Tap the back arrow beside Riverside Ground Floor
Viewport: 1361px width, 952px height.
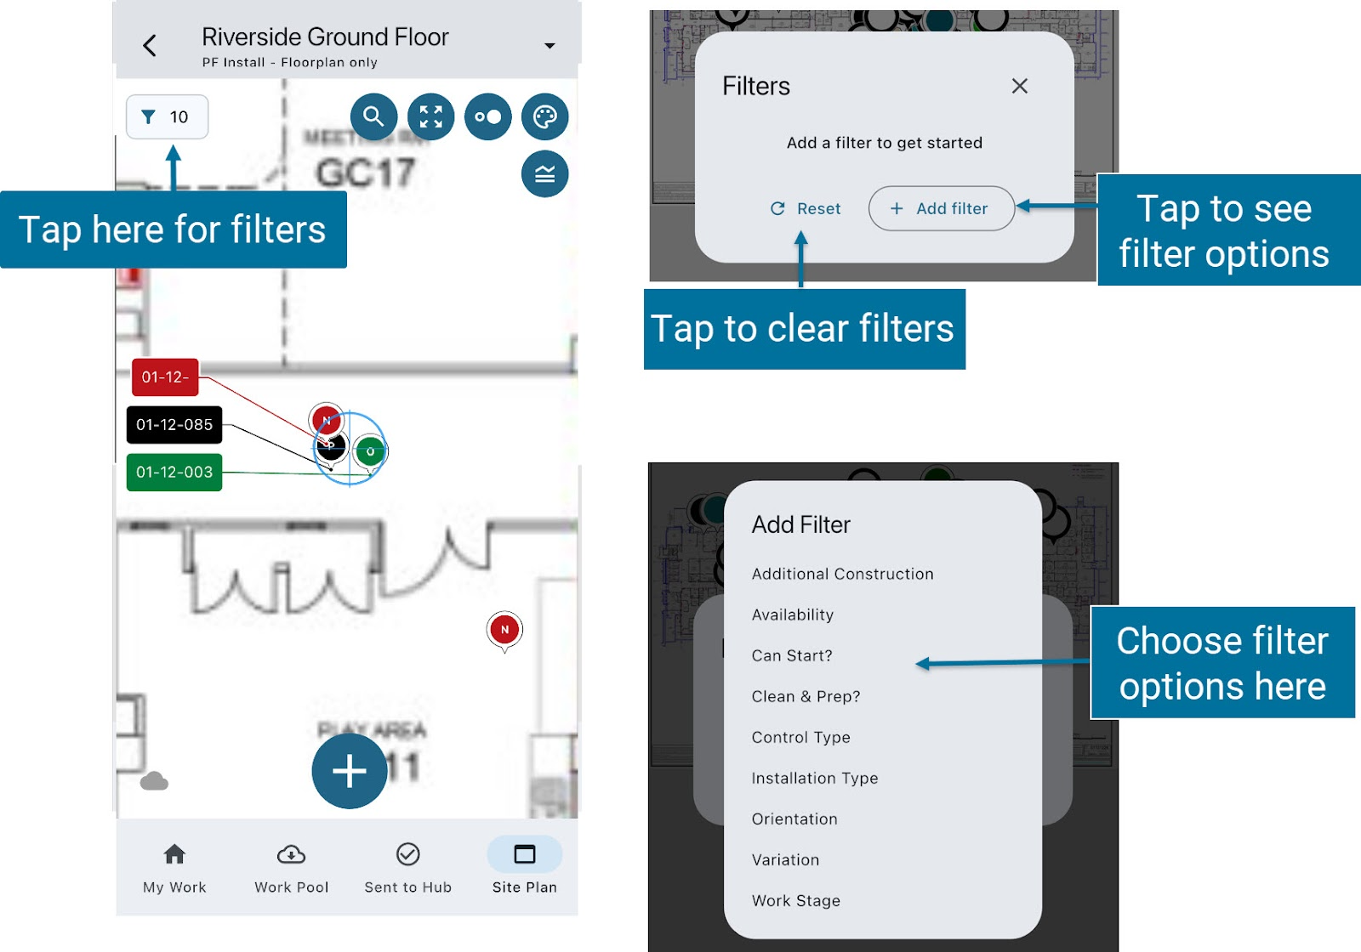[x=150, y=46]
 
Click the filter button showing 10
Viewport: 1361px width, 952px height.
[x=167, y=116]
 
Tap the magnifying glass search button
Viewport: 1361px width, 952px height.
[x=373, y=116]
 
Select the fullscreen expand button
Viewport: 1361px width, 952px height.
[x=431, y=116]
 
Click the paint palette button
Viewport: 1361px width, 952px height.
[x=544, y=116]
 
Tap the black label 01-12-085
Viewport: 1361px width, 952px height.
[x=174, y=425]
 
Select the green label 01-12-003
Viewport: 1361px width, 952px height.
[x=174, y=473]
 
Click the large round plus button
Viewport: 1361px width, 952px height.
[x=350, y=771]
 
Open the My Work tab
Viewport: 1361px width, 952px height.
[x=174, y=868]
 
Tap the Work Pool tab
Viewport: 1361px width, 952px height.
[x=291, y=868]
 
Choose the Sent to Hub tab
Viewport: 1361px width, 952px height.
[x=408, y=868]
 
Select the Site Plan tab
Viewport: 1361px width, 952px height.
[x=524, y=868]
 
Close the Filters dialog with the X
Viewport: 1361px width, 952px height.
[x=1020, y=86]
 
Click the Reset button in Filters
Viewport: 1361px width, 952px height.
[x=806, y=208]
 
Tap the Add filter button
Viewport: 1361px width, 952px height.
[x=941, y=208]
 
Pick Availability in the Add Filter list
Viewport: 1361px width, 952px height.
[x=793, y=615]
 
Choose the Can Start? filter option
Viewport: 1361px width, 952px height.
[x=792, y=655]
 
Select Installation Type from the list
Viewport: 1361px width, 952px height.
[x=815, y=778]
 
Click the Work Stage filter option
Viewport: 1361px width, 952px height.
[x=796, y=900]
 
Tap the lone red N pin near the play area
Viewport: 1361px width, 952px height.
[x=504, y=630]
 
